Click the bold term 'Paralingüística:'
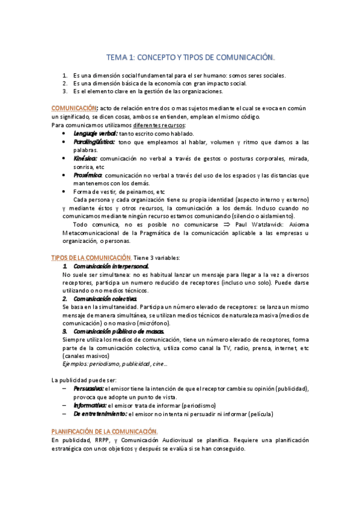coord(94,141)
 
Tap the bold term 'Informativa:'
coord(90,405)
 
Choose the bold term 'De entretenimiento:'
coord(100,414)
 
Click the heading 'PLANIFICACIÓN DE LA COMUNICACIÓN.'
coord(105,431)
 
